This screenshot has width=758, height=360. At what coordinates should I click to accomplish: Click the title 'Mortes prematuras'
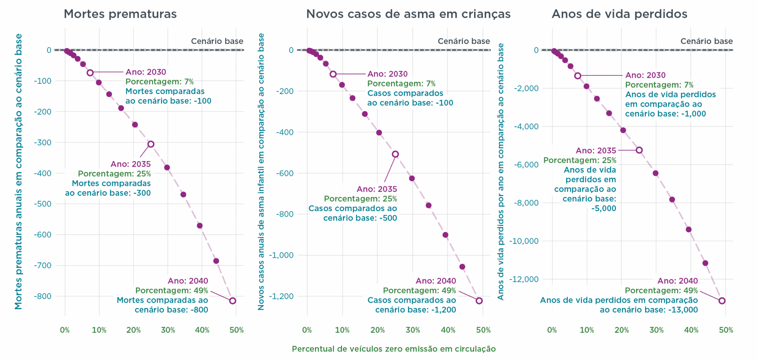coord(120,14)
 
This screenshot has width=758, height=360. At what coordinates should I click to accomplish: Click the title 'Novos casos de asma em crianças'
coord(408,14)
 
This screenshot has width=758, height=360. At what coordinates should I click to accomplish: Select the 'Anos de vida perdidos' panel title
coord(619,14)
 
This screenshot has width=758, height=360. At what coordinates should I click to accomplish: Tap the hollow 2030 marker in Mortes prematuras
coord(90,73)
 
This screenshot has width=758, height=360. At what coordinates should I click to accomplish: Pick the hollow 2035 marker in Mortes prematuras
coord(151,144)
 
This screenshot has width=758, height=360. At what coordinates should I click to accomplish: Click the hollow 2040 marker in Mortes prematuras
coord(233,301)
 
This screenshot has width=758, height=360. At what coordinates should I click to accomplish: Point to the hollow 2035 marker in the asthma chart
coord(395,154)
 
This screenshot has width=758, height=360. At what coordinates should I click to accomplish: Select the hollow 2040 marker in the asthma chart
coord(479,301)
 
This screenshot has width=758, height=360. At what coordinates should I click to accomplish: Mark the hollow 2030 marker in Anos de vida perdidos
coord(578,76)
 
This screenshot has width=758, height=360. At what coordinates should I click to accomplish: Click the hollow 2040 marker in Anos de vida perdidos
coord(722,301)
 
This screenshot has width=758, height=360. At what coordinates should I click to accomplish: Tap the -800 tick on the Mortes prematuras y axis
coord(42,296)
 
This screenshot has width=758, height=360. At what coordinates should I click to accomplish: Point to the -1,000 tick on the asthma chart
coord(281,255)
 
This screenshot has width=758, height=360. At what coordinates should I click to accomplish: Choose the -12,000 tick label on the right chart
coord(523,279)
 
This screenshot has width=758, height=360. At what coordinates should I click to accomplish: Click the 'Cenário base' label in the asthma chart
coord(464,41)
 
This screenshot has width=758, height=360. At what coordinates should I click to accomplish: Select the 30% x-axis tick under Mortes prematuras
coord(168,330)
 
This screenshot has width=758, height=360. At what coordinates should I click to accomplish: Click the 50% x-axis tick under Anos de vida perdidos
coord(726,330)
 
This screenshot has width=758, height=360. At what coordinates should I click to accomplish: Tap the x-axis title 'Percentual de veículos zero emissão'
coord(393,349)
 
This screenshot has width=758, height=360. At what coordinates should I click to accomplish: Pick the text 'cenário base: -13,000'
coord(648,310)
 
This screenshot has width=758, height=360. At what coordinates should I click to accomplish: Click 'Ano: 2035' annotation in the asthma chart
coord(377,189)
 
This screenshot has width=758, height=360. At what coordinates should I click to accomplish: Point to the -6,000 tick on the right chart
coord(526,165)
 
